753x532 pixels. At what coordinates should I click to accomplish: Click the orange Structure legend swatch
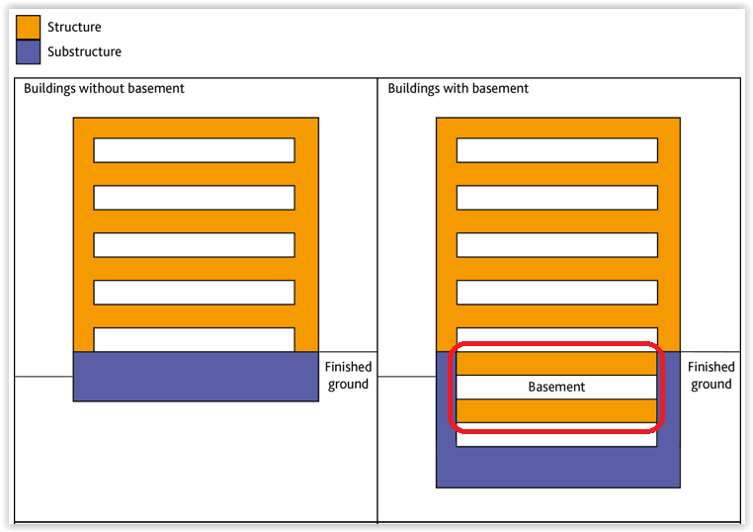(x=28, y=27)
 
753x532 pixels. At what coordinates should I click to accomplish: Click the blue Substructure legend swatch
(x=28, y=51)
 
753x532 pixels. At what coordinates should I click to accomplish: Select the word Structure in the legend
(x=74, y=27)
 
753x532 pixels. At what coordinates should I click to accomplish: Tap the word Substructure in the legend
(x=84, y=51)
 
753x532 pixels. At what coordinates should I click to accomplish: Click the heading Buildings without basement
(x=104, y=88)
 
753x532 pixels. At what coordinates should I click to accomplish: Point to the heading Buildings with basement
(x=459, y=88)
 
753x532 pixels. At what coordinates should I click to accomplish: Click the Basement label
(x=556, y=387)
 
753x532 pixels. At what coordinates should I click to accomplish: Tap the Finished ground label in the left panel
(x=348, y=376)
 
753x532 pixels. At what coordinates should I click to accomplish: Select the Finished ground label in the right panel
(x=711, y=376)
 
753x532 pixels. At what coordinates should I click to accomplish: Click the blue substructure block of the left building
(x=196, y=377)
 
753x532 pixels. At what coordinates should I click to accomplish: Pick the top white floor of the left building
(x=194, y=150)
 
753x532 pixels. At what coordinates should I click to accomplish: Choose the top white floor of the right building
(x=557, y=150)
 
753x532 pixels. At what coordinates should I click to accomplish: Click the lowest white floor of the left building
(x=194, y=340)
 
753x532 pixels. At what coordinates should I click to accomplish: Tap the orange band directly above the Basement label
(x=556, y=363)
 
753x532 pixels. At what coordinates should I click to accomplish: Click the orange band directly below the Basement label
(x=556, y=411)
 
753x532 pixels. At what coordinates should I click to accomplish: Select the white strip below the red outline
(x=556, y=439)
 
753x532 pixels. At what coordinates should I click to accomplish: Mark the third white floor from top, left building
(x=194, y=245)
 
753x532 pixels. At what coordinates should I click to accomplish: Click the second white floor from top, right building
(x=557, y=198)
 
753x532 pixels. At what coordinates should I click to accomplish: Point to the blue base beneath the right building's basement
(x=558, y=467)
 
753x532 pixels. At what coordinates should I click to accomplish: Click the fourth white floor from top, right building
(x=557, y=292)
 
